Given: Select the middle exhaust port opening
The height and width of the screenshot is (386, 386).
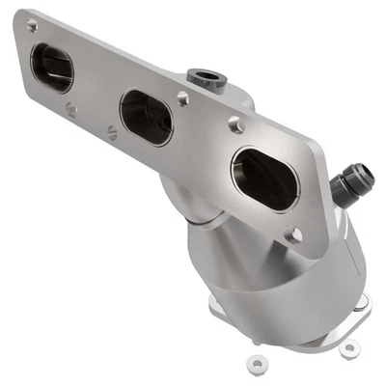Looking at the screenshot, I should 147,117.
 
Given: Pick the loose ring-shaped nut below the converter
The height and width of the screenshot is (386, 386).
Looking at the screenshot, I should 257,364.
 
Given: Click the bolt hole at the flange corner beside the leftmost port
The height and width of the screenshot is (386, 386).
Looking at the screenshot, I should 32,26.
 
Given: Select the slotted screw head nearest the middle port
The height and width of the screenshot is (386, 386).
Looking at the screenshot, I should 114,134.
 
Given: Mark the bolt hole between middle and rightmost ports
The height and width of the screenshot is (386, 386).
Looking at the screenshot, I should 182,97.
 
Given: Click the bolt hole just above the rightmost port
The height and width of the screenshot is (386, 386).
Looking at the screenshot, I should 234,124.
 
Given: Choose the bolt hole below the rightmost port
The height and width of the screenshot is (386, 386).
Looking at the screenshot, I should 295,234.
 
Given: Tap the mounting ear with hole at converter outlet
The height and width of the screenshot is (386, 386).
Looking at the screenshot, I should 349,345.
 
